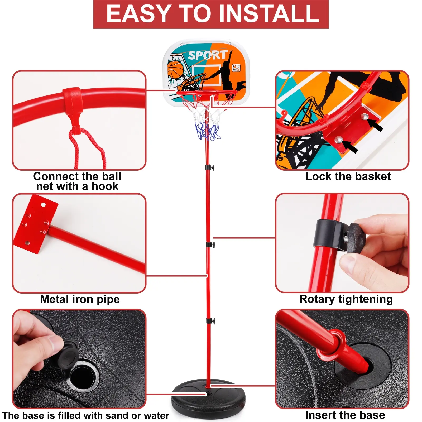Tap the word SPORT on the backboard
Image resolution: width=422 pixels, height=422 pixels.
[208, 55]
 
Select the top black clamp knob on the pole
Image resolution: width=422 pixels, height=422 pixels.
[210, 167]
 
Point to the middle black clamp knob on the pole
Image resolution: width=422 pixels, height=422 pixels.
[210, 244]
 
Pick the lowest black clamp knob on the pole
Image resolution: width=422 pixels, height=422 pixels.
[211, 321]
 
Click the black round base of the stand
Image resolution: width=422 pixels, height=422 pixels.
[208, 398]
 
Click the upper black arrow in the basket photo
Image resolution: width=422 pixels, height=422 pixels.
[375, 124]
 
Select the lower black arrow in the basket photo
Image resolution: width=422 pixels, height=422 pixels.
[350, 147]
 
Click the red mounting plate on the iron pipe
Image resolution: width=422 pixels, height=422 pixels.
[36, 224]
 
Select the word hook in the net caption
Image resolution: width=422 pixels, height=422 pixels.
[105, 186]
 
